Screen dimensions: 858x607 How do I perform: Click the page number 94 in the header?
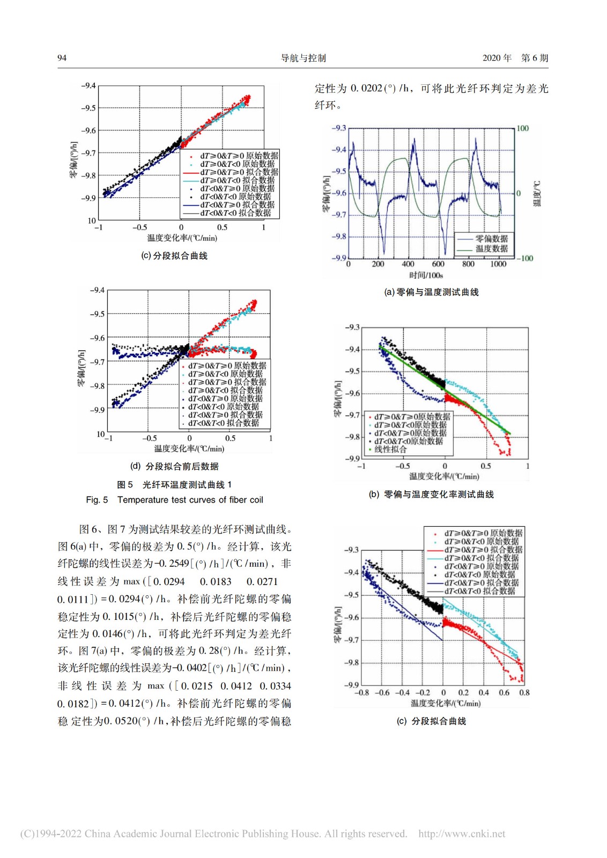[62, 58]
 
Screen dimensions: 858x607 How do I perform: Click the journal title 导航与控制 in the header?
[303, 58]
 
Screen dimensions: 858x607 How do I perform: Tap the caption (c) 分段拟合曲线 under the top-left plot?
[174, 256]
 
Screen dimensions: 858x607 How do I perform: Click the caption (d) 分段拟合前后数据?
[174, 467]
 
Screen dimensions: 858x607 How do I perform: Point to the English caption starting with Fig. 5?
[174, 500]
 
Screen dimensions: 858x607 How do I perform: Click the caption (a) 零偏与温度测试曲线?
[431, 292]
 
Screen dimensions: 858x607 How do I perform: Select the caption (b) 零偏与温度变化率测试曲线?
[431, 494]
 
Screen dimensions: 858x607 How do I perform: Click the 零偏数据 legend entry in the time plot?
[491, 239]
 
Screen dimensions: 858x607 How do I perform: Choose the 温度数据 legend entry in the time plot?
[491, 248]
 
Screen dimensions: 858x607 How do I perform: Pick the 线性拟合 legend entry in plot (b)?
[390, 449]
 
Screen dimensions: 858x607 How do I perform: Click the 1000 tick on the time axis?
[498, 264]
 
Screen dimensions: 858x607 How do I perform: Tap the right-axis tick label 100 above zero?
[522, 128]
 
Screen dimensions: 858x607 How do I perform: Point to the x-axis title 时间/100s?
[426, 275]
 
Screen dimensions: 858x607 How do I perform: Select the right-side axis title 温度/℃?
[537, 194]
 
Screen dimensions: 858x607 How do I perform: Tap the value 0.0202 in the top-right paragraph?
[366, 88]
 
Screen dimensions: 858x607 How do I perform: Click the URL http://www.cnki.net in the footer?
[462, 834]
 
